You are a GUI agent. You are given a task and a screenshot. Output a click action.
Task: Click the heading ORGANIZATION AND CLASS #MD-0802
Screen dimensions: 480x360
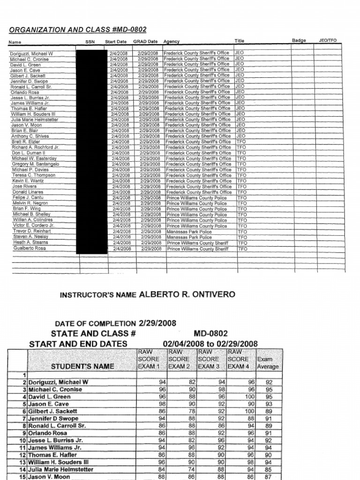78,30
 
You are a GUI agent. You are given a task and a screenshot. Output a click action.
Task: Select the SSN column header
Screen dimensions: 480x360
90,42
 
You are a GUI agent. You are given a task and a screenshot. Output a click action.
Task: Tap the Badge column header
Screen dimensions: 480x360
299,41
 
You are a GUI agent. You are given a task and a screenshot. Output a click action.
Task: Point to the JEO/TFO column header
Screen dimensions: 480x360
328,41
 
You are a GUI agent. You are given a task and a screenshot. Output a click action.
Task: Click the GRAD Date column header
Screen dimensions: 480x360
145,42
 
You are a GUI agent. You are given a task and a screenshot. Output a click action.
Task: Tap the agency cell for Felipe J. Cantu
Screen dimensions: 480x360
197,198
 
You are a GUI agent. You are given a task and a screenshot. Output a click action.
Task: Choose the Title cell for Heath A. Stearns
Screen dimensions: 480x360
242,243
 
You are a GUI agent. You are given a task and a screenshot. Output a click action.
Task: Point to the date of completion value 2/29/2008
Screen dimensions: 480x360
157,323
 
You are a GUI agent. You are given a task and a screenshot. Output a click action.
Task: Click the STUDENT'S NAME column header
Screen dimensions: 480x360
82,366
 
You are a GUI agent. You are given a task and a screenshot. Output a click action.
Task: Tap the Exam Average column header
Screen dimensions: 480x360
268,363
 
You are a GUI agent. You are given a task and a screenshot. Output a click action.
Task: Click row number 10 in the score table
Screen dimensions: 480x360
22,441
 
